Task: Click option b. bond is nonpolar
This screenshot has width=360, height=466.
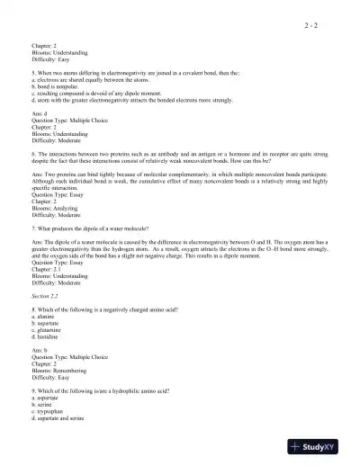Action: pos(57,87)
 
